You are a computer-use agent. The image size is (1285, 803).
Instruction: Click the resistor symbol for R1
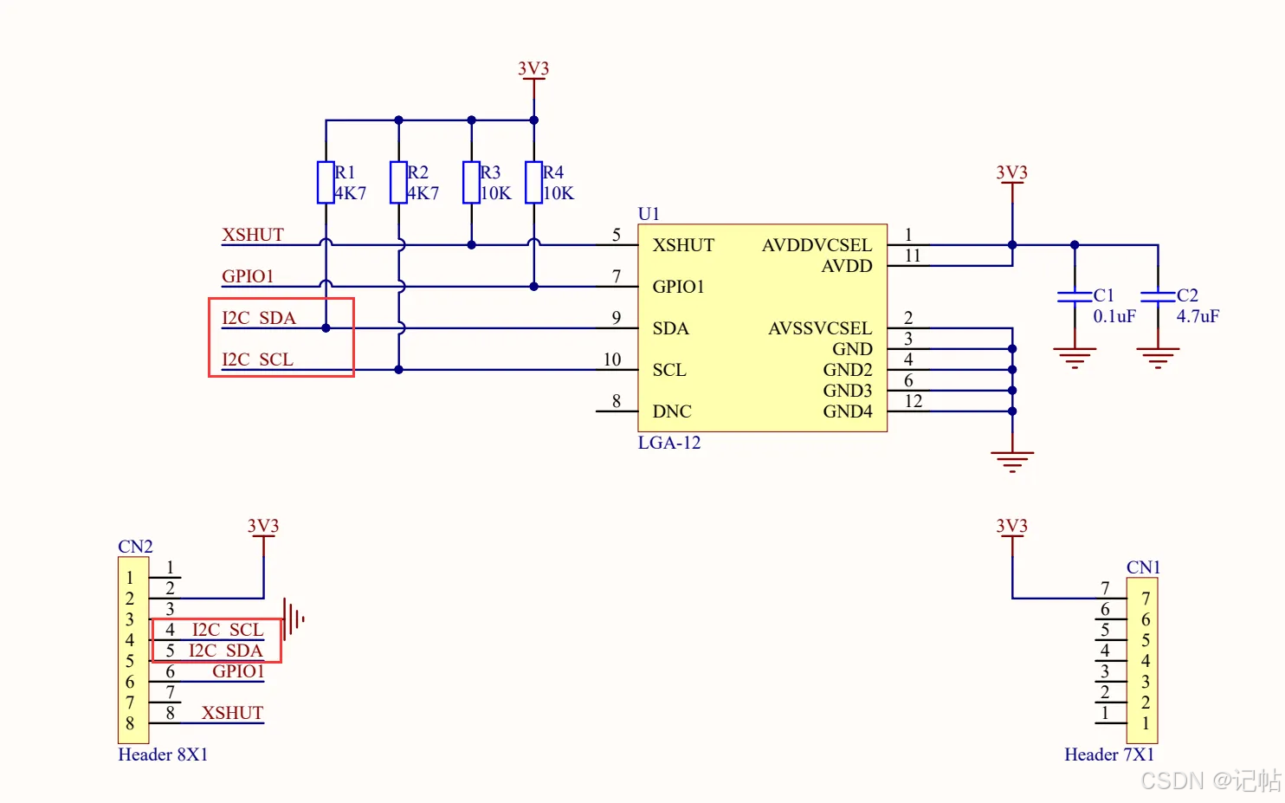pos(326,182)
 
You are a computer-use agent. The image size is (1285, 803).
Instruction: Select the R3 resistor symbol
pos(471,182)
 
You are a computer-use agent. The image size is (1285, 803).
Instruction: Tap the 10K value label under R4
pos(559,193)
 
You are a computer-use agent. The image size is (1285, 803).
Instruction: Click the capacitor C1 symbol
pos(1075,296)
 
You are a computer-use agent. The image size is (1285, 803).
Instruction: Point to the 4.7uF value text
pos(1198,316)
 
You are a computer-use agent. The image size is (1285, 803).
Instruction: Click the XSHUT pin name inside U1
pos(683,245)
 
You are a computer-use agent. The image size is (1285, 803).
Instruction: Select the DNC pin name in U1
pos(672,411)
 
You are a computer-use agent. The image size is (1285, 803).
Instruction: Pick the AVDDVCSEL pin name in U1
pos(817,245)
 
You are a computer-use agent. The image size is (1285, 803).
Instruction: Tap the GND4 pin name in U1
pos(847,411)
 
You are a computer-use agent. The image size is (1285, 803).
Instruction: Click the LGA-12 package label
pos(669,443)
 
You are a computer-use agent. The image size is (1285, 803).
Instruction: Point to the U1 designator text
pos(649,214)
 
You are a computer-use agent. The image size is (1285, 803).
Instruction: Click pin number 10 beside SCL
pos(612,359)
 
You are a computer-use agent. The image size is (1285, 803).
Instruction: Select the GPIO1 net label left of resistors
pos(248,276)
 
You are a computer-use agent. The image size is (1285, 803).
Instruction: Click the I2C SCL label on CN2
pos(227,630)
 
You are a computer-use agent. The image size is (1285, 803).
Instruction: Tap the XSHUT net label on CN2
pos(232,713)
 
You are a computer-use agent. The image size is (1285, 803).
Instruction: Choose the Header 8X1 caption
pos(163,754)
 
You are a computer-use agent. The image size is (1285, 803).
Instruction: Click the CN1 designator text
pos(1143,567)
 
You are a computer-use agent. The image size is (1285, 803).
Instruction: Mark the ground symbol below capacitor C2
pos(1158,357)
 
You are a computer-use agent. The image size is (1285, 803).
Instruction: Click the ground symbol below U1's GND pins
pos(1012,460)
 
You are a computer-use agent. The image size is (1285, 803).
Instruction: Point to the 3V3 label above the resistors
pos(533,68)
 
